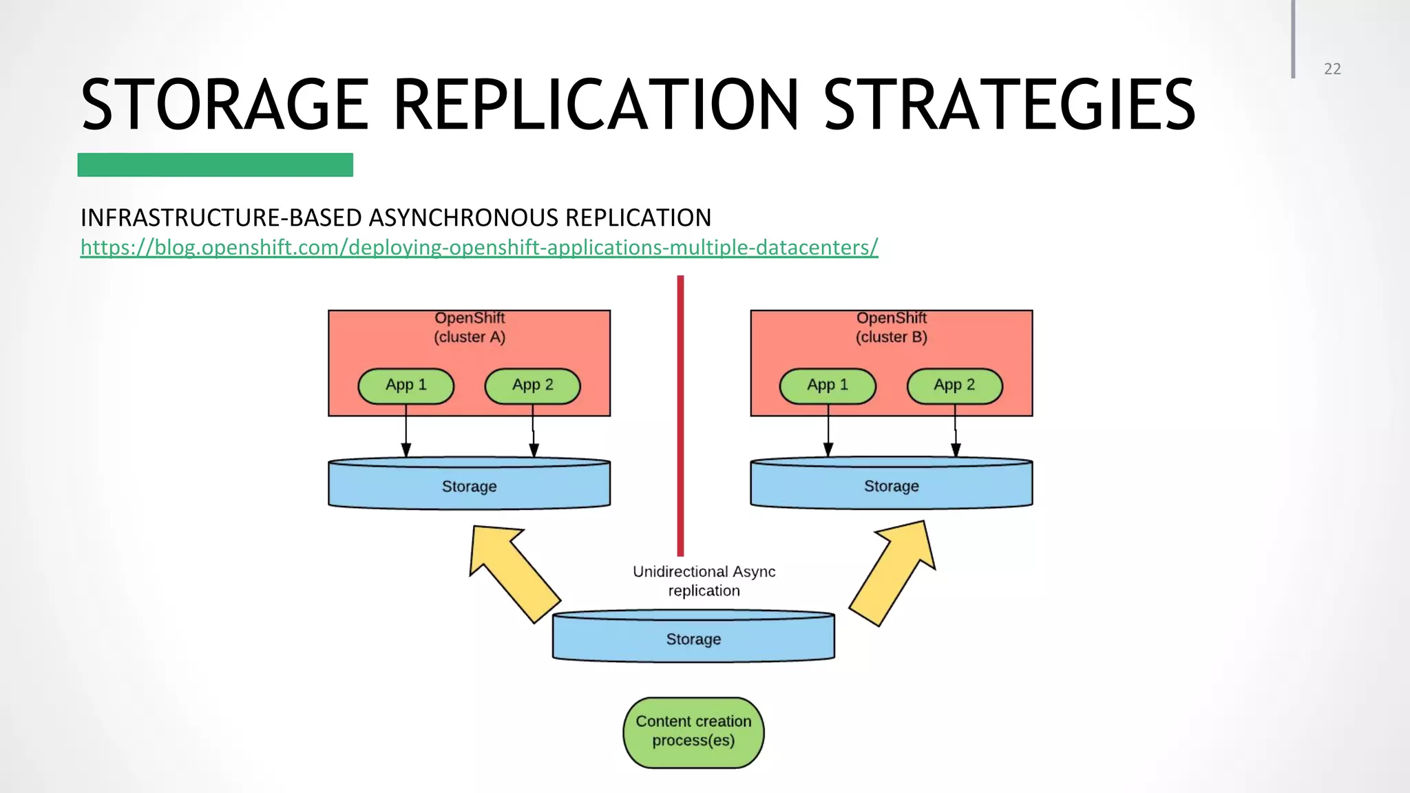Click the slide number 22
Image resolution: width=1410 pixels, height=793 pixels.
pyautogui.click(x=1332, y=69)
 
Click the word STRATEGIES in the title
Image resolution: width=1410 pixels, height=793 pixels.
pyautogui.click(x=1009, y=105)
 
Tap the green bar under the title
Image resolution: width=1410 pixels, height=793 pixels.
pyautogui.click(x=215, y=165)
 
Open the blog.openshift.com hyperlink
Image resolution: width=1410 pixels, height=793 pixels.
pyautogui.click(x=479, y=247)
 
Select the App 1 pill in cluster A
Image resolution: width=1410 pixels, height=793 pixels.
pyautogui.click(x=406, y=385)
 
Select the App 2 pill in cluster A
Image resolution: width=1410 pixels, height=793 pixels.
pyautogui.click(x=532, y=385)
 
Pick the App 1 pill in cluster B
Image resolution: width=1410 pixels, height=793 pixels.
pyautogui.click(x=827, y=385)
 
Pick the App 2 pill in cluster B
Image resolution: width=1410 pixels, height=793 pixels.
pyautogui.click(x=954, y=385)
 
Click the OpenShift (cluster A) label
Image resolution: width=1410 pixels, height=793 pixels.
pyautogui.click(x=470, y=328)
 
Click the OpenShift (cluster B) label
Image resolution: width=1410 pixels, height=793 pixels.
pyautogui.click(x=892, y=328)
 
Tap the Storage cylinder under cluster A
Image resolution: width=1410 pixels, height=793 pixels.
pyautogui.click(x=469, y=486)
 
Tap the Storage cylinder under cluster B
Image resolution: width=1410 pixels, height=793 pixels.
pyautogui.click(x=892, y=486)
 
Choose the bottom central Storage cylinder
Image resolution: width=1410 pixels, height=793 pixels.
pyautogui.click(x=693, y=639)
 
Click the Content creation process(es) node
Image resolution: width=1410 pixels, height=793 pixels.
pyautogui.click(x=693, y=732)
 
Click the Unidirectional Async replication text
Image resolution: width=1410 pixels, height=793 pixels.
pyautogui.click(x=704, y=581)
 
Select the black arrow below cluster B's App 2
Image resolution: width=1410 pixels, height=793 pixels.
pyautogui.click(x=956, y=434)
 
